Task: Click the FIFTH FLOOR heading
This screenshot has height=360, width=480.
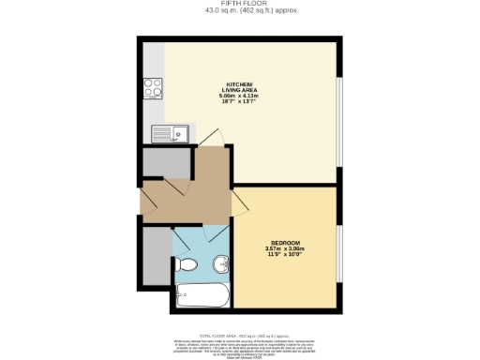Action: coord(239,4)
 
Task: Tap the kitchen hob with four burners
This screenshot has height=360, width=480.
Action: coord(154,89)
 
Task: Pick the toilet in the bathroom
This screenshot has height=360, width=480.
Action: coord(187,263)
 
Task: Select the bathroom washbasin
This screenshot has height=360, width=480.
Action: coord(222,263)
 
